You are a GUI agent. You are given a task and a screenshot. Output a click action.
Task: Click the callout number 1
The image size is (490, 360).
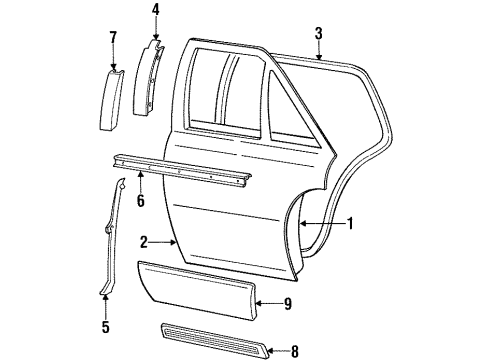(x=352, y=224)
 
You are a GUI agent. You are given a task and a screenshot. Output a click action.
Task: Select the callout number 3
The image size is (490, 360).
(x=318, y=35)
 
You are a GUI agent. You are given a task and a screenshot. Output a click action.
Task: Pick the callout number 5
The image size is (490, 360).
(x=107, y=327)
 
